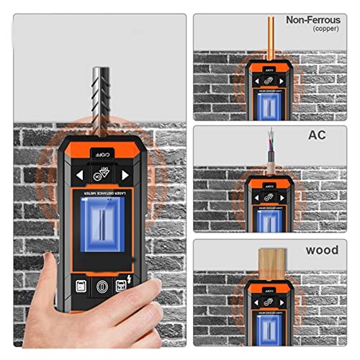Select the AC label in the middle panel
pyautogui.click(x=318, y=134)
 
